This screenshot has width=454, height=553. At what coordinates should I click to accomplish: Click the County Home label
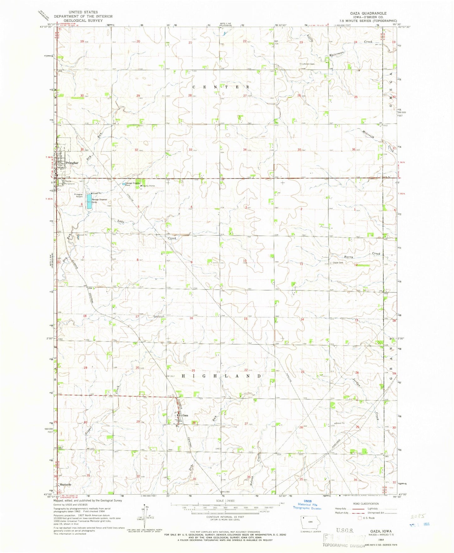pyautogui.click(x=148, y=186)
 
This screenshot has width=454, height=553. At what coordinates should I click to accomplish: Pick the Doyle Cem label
pyautogui.click(x=336, y=263)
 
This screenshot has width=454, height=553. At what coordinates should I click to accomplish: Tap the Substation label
pyautogui.click(x=159, y=316)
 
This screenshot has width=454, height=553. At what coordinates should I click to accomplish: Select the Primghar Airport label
pyautogui.click(x=79, y=196)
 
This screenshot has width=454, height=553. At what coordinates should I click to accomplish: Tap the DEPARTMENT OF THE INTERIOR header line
pyautogui.click(x=83, y=16)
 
